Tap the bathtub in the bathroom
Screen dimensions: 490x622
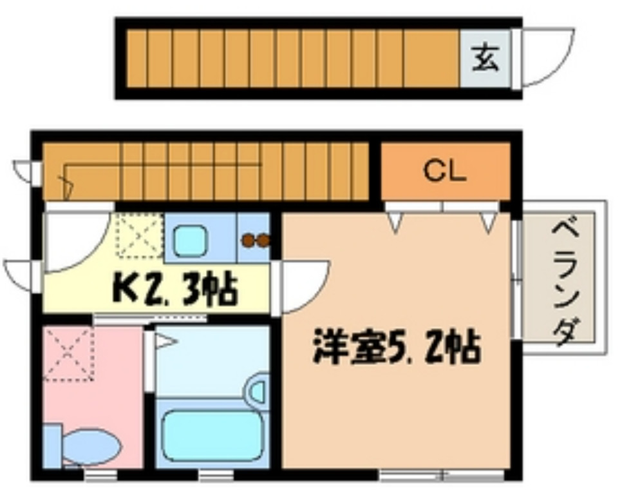(212, 435)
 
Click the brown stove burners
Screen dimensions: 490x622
(256, 240)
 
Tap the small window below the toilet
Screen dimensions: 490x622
(101, 476)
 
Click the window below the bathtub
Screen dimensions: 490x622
(215, 476)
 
